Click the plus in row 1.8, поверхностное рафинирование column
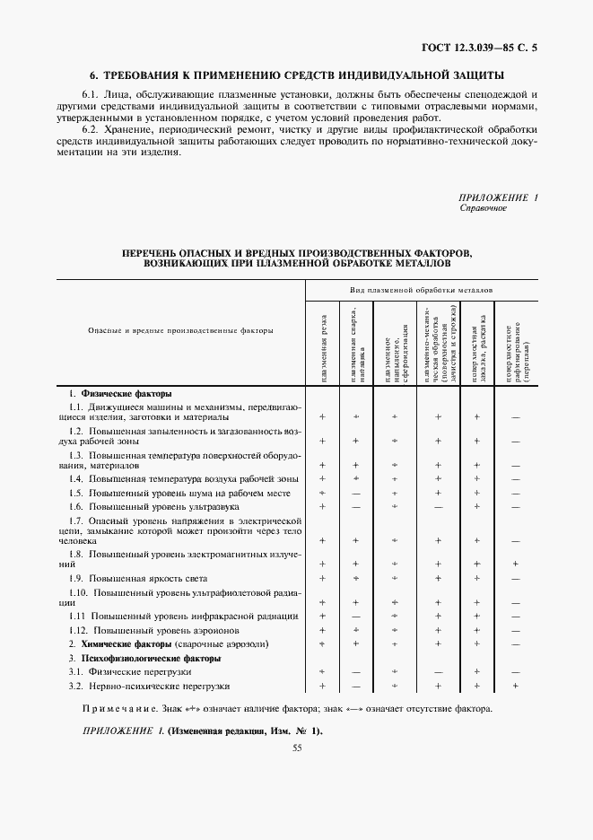click(x=516, y=564)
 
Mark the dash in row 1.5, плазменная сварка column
click(x=355, y=494)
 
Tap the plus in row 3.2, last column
click(x=516, y=687)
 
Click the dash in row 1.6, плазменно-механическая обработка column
click(x=438, y=507)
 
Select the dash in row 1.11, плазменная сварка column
click(x=355, y=617)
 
